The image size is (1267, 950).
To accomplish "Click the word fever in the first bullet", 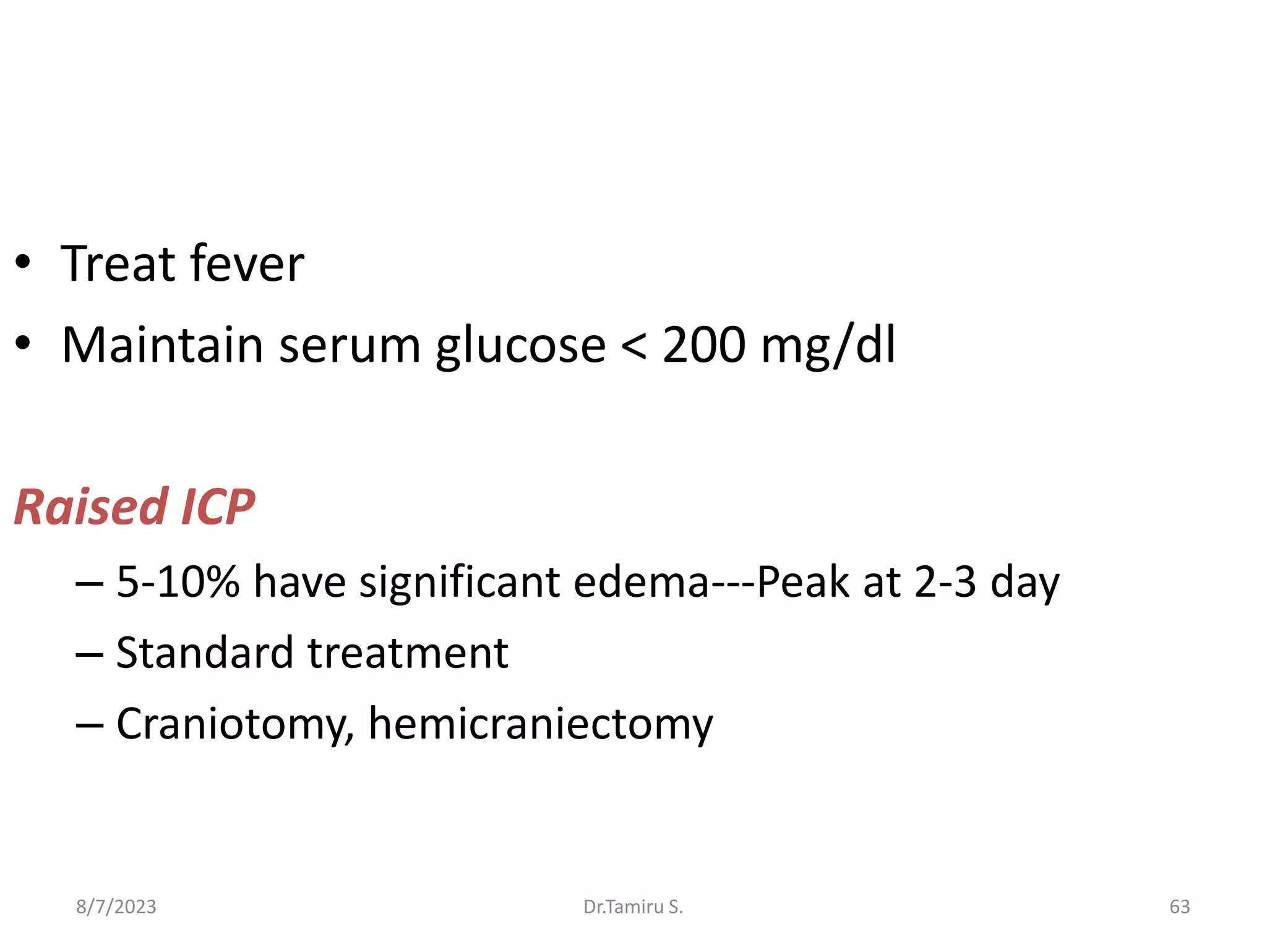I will click(247, 264).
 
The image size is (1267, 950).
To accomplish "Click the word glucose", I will click(520, 346).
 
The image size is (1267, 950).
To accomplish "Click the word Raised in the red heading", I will click(91, 507).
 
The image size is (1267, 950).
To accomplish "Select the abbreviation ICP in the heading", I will click(218, 507).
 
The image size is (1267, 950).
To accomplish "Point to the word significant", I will click(460, 582).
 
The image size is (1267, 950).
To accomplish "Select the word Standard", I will click(205, 653).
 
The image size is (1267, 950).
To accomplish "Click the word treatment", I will click(408, 653).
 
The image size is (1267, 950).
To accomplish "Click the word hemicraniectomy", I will click(541, 724).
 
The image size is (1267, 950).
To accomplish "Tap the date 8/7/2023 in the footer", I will click(116, 907).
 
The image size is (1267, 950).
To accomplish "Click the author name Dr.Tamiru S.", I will click(633, 907).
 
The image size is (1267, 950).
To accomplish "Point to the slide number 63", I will click(1179, 907).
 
